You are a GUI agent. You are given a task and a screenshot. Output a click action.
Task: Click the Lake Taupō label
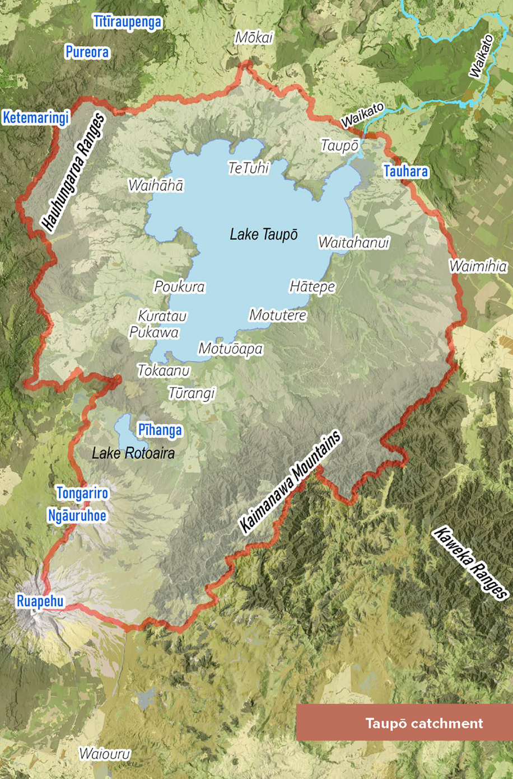point(263,234)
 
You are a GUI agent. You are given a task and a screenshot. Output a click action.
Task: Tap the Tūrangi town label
point(192,393)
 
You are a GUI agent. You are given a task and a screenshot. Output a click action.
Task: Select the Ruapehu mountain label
point(40,602)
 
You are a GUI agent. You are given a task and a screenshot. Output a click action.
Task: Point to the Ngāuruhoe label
point(77,515)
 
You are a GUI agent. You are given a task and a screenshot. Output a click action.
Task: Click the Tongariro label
point(82,493)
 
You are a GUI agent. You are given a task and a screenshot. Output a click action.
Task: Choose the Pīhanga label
point(160,430)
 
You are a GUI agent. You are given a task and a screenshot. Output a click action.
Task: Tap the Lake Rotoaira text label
point(133,453)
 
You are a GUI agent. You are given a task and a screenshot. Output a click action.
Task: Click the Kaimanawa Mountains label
point(290,482)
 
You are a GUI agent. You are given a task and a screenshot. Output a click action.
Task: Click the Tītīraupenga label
point(128,22)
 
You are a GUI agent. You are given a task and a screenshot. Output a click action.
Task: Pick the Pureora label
point(87,52)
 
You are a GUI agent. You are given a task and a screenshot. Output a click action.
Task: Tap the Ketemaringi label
point(36,118)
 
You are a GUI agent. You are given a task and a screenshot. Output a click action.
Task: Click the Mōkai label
point(254,37)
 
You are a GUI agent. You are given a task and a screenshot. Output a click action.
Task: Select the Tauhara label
point(405,171)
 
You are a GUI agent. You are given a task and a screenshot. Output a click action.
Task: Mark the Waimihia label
point(478,266)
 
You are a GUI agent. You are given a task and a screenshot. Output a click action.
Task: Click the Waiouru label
point(105,753)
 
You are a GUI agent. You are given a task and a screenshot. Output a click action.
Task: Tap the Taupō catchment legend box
point(404,722)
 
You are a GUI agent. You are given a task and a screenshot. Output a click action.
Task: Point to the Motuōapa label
point(230,349)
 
